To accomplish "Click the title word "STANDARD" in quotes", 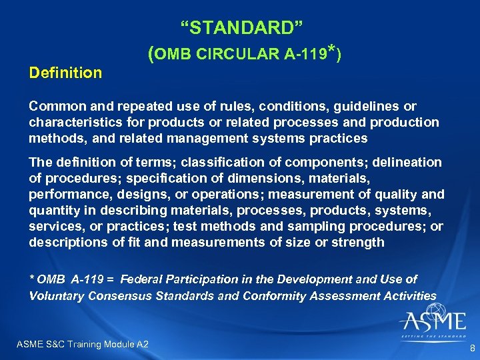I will point(242,28).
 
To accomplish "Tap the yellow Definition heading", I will point(65,72).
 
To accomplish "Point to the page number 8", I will point(472,348).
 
